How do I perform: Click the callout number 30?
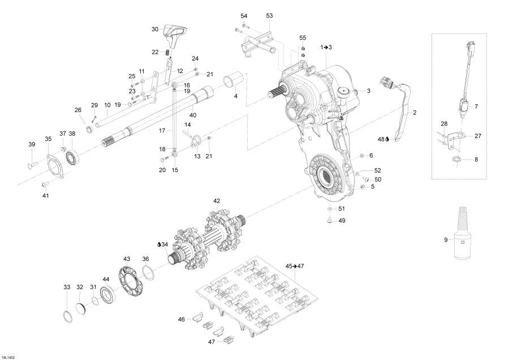point(155,29)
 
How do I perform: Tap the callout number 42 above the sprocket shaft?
point(216,201)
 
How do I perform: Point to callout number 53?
point(269,15)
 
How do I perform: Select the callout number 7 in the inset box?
point(476,106)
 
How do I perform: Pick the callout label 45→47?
point(295,265)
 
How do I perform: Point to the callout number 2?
point(414,113)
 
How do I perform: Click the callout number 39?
point(32,144)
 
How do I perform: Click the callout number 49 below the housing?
point(341,221)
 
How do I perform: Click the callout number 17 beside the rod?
point(161,130)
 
